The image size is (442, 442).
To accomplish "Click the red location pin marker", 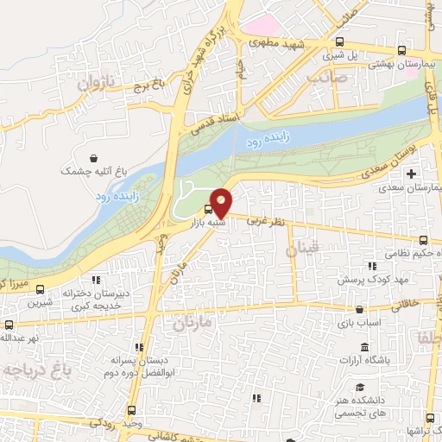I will point(222,202).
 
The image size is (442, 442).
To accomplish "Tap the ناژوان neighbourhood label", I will point(95,82).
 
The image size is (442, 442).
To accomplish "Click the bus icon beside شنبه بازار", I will point(208,209).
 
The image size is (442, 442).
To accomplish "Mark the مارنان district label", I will point(192,325).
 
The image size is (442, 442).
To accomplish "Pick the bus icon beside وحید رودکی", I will point(131,411).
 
